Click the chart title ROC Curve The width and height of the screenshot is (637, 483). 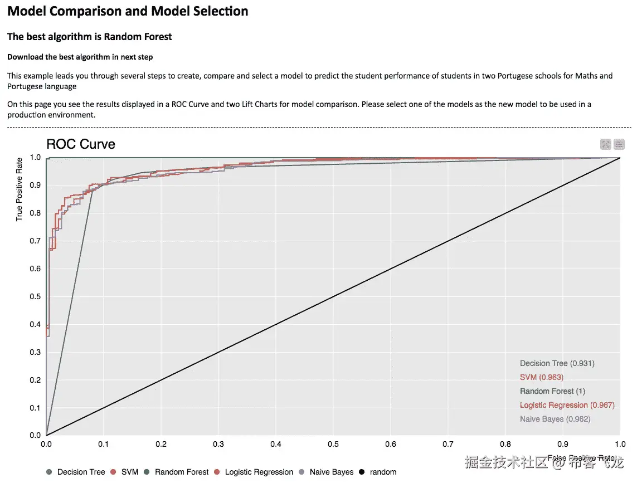(x=81, y=144)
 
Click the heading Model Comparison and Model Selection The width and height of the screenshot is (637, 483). (x=128, y=11)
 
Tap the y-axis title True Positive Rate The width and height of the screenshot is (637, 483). (x=20, y=189)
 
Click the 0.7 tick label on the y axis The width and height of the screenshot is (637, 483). (x=36, y=241)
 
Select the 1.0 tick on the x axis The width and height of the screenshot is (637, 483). (x=620, y=445)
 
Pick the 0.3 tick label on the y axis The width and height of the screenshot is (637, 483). (x=36, y=352)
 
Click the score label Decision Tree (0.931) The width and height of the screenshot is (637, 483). (x=557, y=363)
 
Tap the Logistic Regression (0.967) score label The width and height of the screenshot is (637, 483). (x=567, y=405)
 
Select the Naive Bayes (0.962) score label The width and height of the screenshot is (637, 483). (x=555, y=419)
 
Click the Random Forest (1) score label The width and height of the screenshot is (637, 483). (x=553, y=391)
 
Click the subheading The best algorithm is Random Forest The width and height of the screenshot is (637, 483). (x=90, y=37)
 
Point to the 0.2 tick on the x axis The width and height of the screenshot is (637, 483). (x=161, y=445)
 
